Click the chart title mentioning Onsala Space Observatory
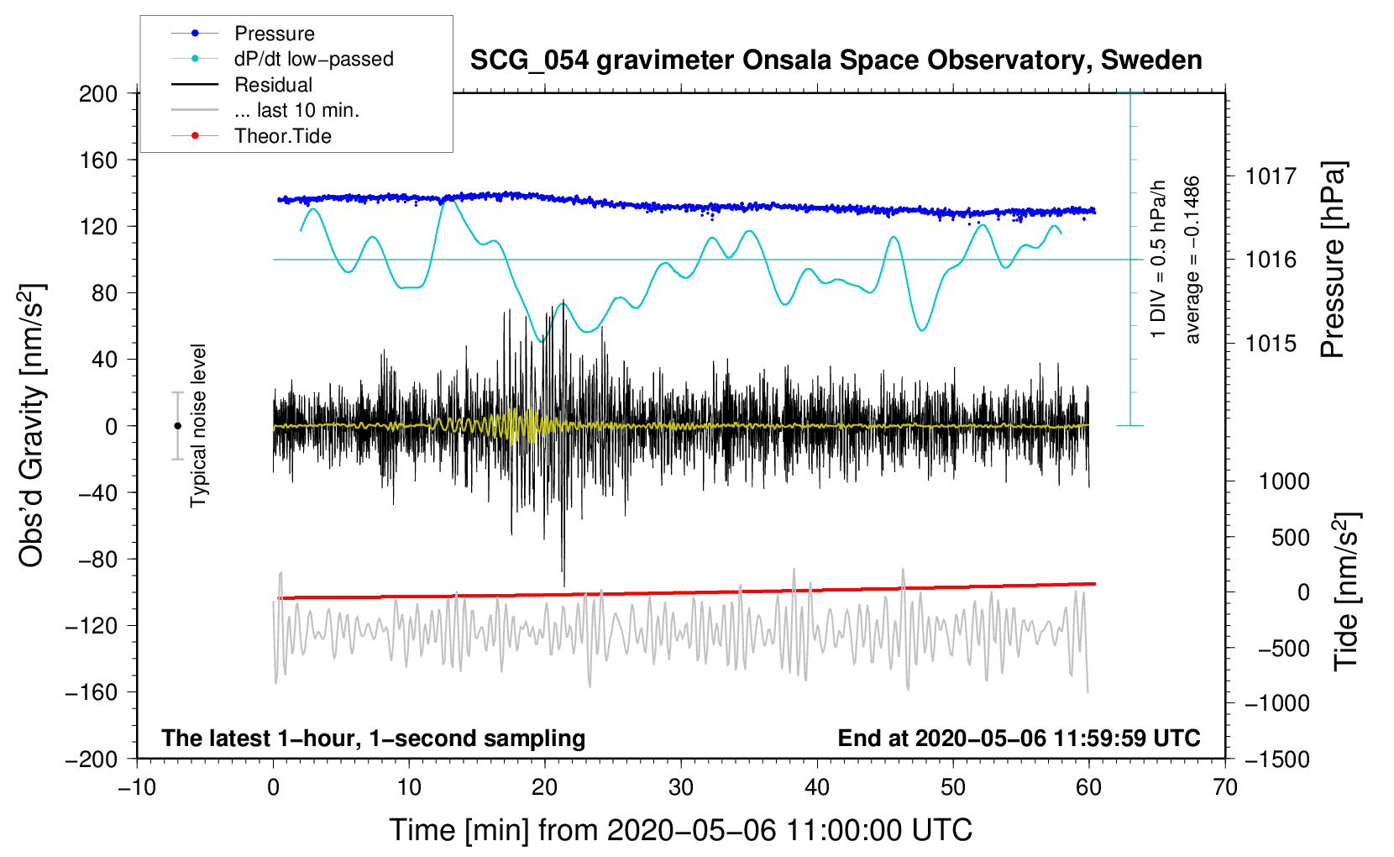(x=836, y=60)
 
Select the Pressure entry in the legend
(x=275, y=34)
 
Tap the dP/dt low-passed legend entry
(x=313, y=59)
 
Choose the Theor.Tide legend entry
(x=283, y=136)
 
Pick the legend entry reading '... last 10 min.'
(x=296, y=110)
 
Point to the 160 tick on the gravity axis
(x=98, y=160)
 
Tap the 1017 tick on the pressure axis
(x=1271, y=176)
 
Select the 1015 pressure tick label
(x=1271, y=344)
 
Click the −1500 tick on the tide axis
(x=1276, y=760)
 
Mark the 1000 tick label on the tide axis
(x=1283, y=481)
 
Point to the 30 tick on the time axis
(x=681, y=787)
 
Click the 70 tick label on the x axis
(x=1225, y=787)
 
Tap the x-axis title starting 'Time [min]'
(x=681, y=830)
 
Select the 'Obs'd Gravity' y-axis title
(x=32, y=426)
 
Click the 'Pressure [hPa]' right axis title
(x=1334, y=260)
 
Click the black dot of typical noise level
(x=177, y=426)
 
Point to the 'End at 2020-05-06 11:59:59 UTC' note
(x=1019, y=738)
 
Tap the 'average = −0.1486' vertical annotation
(x=1192, y=260)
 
